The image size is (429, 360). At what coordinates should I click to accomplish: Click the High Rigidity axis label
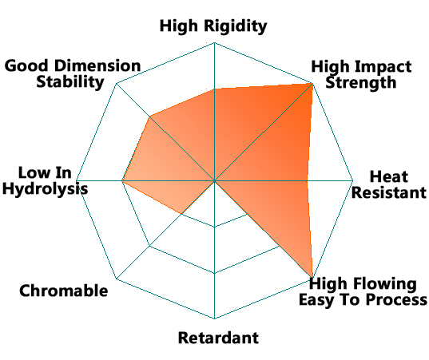[213, 26]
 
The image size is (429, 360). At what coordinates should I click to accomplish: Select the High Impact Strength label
[361, 74]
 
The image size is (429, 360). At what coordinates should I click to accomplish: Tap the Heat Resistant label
[389, 184]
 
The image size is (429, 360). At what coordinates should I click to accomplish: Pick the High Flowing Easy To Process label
[363, 291]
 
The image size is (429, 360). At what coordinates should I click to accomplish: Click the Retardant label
[218, 338]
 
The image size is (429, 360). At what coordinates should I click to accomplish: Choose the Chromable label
[63, 291]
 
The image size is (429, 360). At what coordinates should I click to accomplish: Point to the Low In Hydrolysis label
[46, 180]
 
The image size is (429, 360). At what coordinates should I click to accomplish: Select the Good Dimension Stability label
[73, 73]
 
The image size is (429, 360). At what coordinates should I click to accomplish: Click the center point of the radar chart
[214, 180]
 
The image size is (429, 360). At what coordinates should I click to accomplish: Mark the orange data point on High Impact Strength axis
[312, 84]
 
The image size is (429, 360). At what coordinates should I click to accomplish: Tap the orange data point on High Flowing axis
[312, 279]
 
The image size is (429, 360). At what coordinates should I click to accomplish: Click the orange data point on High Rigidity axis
[214, 89]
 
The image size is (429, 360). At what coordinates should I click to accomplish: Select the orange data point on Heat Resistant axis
[307, 180]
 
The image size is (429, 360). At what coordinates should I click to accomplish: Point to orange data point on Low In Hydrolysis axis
[122, 180]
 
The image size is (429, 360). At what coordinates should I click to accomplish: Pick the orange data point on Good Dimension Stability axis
[149, 117]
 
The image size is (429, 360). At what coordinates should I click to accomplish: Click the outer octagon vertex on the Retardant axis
[214, 318]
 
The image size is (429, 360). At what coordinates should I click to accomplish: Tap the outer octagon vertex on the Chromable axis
[117, 279]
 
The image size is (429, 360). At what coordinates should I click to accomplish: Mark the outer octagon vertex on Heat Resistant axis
[353, 180]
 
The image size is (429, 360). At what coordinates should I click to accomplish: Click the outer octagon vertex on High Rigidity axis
[214, 42]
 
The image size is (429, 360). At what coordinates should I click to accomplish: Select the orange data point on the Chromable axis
[181, 214]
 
